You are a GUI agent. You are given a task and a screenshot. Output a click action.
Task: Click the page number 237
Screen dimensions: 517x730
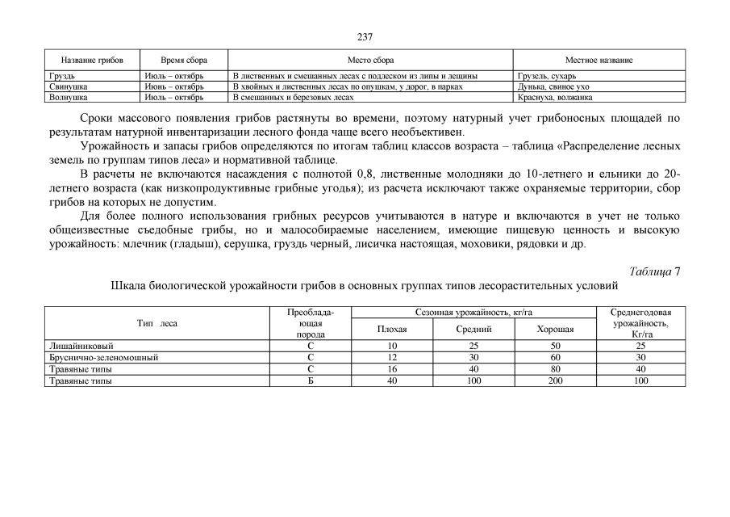point(365,37)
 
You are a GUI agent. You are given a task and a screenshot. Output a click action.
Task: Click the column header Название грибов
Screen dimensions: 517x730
point(92,61)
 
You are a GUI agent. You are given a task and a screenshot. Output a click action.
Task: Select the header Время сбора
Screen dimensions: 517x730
point(184,61)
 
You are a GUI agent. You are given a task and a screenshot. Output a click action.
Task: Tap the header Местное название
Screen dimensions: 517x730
point(599,61)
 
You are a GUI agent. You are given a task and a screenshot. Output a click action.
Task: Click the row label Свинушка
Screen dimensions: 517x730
point(69,86)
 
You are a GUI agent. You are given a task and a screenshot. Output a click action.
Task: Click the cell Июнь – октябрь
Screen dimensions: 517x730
point(174,86)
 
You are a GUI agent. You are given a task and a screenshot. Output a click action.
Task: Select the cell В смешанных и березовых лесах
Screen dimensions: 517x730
point(293,97)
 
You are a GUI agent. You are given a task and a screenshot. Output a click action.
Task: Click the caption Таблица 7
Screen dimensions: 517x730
point(653,271)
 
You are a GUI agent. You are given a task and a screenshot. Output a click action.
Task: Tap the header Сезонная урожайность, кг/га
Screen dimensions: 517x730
point(473,313)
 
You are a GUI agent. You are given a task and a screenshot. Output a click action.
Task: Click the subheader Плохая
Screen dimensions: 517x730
point(392,330)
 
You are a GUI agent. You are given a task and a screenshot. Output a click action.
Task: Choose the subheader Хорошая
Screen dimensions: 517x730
point(555,330)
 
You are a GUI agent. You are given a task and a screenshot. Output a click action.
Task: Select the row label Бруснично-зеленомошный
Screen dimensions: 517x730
point(103,357)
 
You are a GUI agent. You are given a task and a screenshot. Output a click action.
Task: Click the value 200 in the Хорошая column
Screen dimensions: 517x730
point(555,380)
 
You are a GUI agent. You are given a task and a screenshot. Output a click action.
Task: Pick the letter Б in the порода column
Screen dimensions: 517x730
point(310,380)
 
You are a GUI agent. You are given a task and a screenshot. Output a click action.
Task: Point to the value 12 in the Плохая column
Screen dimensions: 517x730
point(392,357)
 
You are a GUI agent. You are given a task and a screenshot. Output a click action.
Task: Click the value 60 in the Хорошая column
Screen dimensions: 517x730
point(555,357)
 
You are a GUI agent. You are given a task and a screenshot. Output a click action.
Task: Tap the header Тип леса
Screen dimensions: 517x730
point(157,323)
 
